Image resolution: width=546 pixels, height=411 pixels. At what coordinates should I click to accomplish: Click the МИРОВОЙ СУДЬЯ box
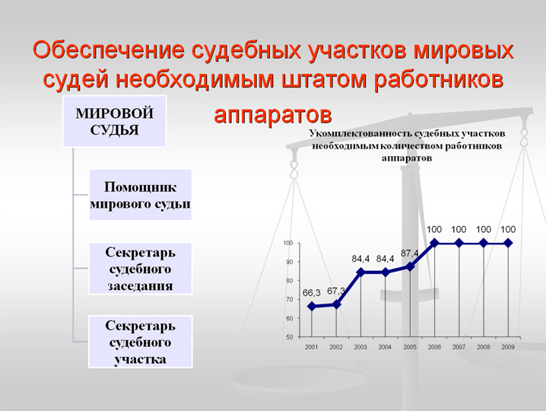click(x=115, y=121)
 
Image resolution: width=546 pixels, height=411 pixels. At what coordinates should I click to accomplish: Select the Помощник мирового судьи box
click(x=141, y=195)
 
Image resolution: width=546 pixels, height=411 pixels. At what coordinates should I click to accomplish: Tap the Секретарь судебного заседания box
click(x=141, y=269)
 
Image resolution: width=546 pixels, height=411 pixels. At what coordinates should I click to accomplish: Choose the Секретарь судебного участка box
click(x=141, y=342)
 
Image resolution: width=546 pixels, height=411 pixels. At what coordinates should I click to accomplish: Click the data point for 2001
click(x=312, y=307)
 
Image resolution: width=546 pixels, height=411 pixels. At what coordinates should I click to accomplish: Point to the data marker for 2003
click(x=360, y=272)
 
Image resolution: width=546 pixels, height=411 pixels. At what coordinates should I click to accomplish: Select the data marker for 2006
click(x=434, y=243)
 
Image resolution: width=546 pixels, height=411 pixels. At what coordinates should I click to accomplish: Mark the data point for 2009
click(x=508, y=243)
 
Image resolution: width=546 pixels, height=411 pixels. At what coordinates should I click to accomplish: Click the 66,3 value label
click(x=311, y=293)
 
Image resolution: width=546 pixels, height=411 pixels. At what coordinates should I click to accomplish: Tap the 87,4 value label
click(x=409, y=253)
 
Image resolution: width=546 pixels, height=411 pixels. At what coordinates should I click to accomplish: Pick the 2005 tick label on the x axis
click(x=410, y=347)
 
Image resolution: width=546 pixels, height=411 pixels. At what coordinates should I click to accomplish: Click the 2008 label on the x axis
click(x=484, y=347)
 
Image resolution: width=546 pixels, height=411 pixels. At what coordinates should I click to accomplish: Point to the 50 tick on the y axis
click(x=290, y=337)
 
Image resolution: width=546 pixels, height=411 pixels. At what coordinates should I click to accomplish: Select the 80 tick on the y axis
click(x=290, y=281)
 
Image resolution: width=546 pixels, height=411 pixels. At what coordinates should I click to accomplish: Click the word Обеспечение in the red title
click(x=109, y=49)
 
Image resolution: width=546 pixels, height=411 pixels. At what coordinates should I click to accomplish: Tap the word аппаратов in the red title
click(x=273, y=115)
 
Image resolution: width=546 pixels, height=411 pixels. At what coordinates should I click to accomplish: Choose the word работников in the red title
click(x=439, y=80)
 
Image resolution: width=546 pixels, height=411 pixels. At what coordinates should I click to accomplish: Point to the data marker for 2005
click(x=410, y=266)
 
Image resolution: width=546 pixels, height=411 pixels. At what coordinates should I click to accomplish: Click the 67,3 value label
click(x=336, y=291)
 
